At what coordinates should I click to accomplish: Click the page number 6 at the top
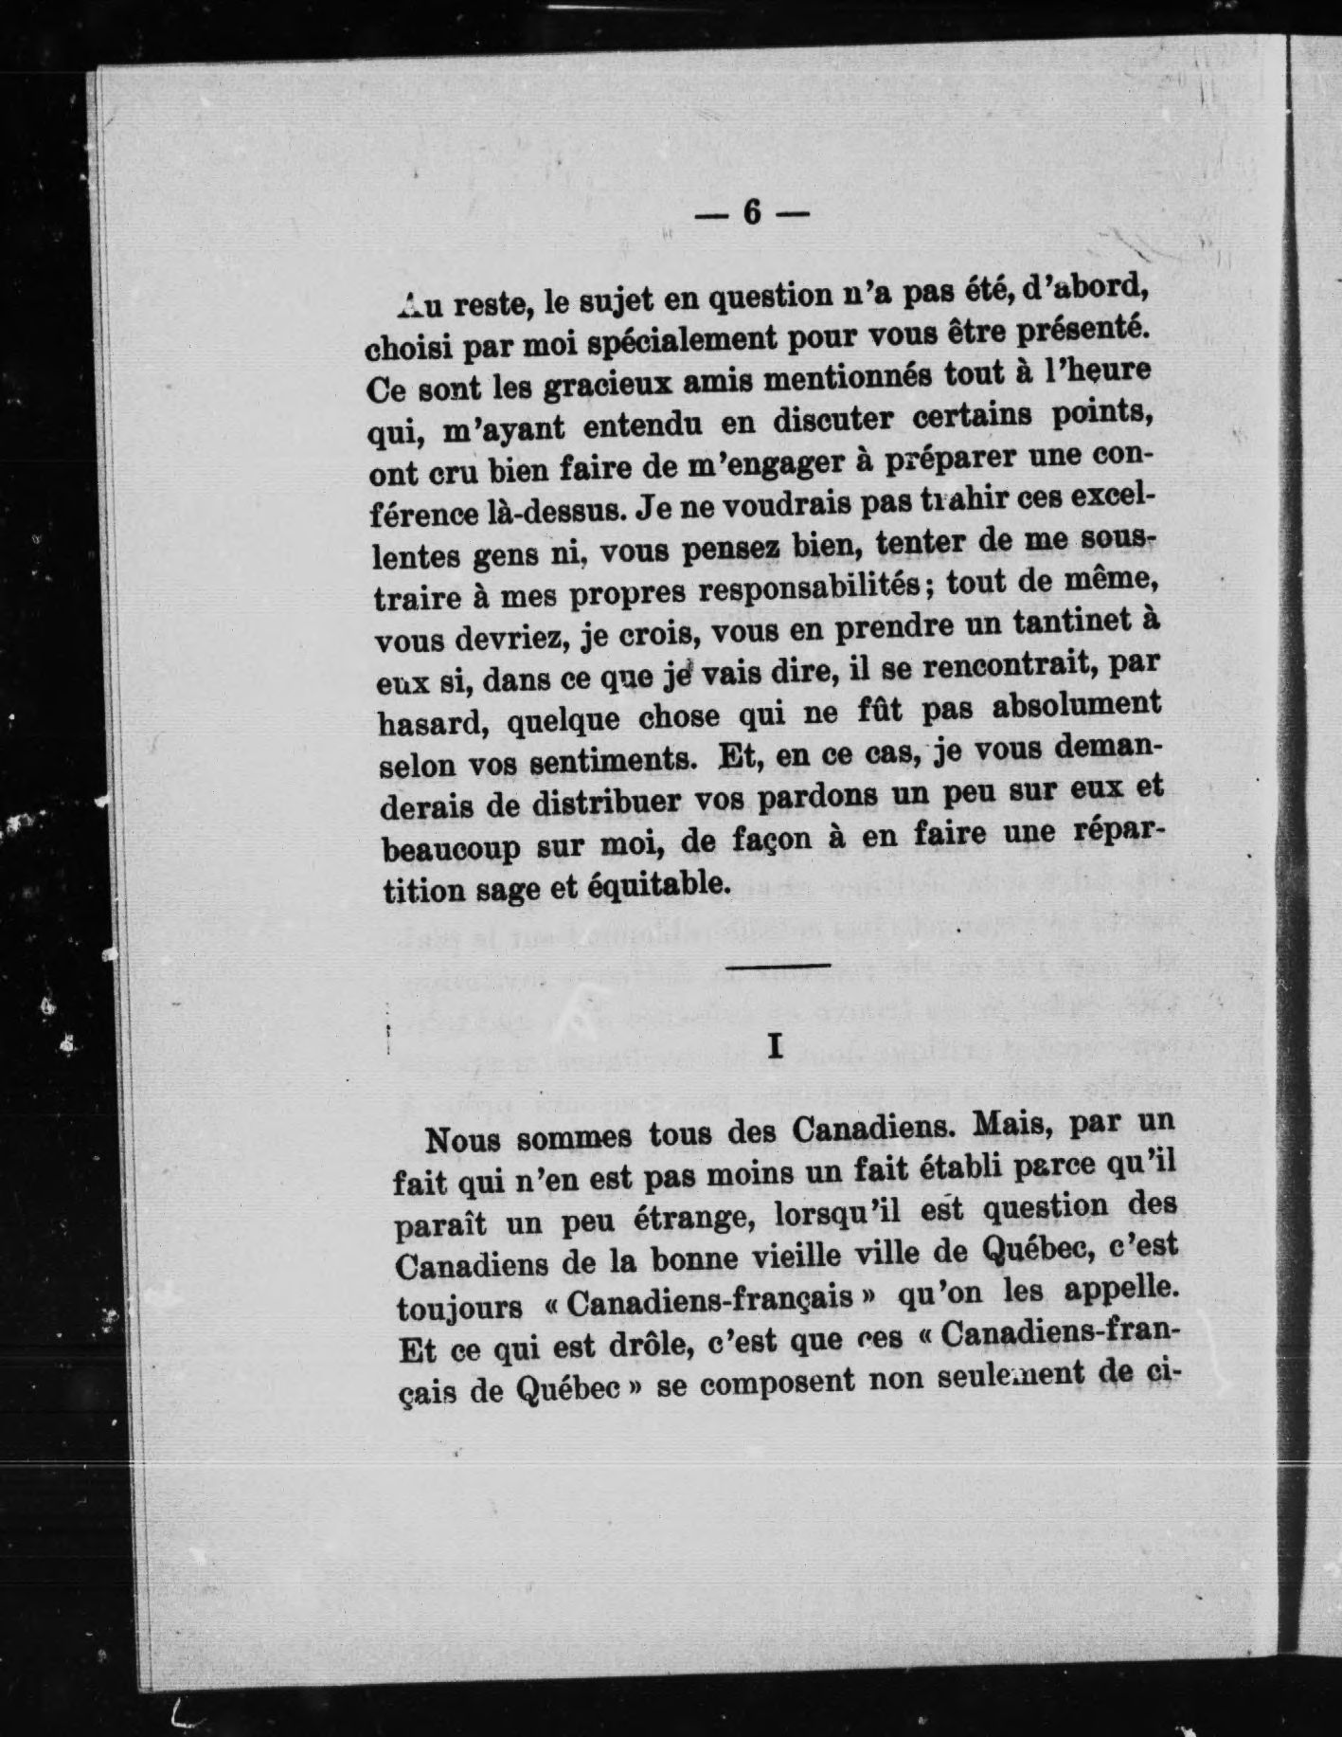coord(752,213)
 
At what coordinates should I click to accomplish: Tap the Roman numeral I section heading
coord(776,1045)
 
